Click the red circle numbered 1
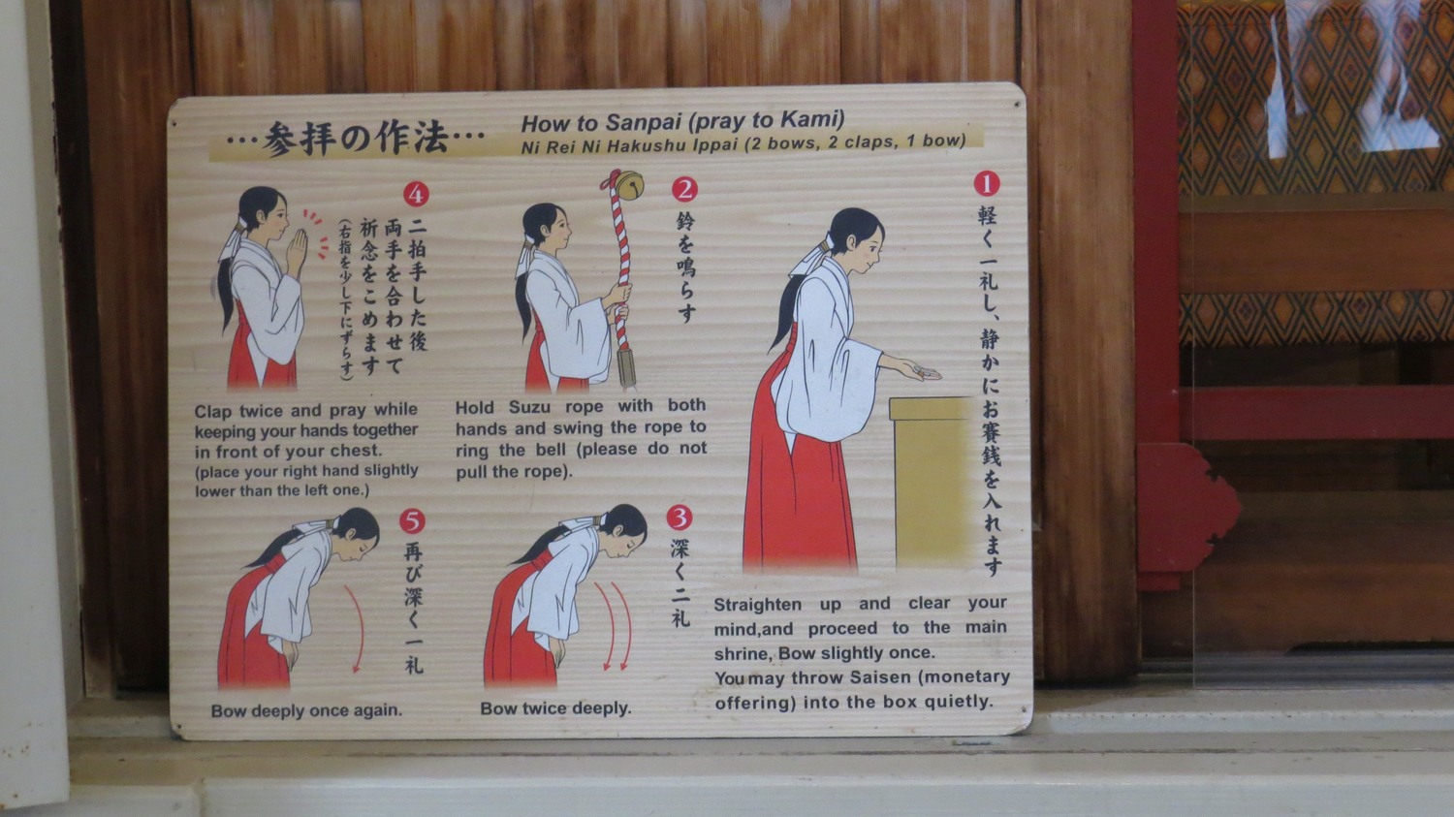pos(987,183)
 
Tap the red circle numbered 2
pos(684,189)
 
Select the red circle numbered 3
pos(679,518)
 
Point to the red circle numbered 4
pos(416,194)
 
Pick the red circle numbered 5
pos(412,520)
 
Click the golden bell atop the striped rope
pos(628,185)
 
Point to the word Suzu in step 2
pos(530,407)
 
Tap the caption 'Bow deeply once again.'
pos(306,710)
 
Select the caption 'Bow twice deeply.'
pos(555,708)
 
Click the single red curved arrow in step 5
pos(360,625)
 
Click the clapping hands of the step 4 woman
pos(298,248)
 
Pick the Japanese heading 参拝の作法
pos(355,139)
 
